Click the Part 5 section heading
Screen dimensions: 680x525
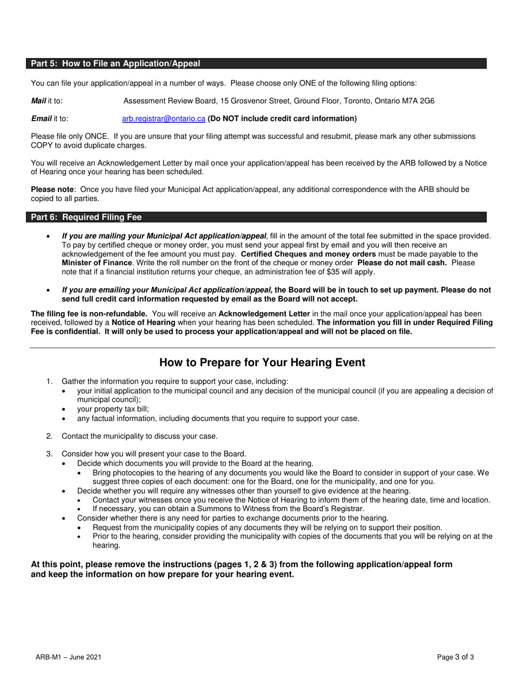(x=116, y=64)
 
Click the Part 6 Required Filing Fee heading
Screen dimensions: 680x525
(x=86, y=217)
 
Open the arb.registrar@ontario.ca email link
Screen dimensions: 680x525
(x=164, y=118)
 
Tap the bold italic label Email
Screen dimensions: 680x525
(x=41, y=118)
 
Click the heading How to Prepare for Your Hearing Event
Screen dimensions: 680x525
(x=262, y=363)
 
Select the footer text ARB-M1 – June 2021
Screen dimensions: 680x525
(x=68, y=657)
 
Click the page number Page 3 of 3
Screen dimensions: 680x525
(x=455, y=657)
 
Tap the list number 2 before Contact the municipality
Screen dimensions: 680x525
(x=49, y=436)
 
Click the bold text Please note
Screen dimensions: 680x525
(x=52, y=189)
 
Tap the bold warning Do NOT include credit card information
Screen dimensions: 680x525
(x=282, y=118)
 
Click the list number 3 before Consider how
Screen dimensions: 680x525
(x=49, y=454)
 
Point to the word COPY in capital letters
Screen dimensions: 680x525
(x=42, y=145)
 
